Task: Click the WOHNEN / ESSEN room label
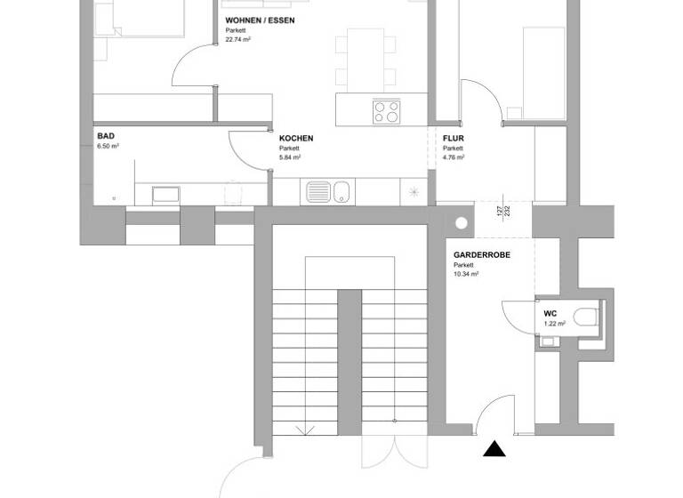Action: tap(260, 20)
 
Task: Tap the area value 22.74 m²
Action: tap(237, 39)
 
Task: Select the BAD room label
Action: tap(106, 137)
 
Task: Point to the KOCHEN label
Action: tap(296, 139)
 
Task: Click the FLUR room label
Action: tap(454, 139)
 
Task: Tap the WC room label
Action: tap(550, 315)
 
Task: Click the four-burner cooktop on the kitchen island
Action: tap(386, 111)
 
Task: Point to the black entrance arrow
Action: tap(494, 449)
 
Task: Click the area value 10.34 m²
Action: tap(466, 275)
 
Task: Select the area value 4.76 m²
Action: tap(454, 157)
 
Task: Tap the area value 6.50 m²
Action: tap(108, 147)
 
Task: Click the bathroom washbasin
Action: tap(165, 193)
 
